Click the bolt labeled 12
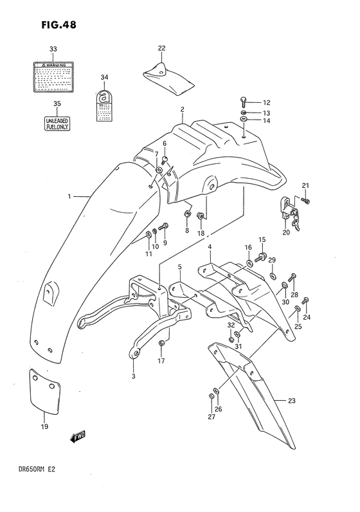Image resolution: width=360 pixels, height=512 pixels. (243, 102)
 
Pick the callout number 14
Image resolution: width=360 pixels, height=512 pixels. (266, 121)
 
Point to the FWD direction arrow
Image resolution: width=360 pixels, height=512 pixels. (78, 438)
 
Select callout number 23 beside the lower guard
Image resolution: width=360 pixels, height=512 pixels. (291, 401)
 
